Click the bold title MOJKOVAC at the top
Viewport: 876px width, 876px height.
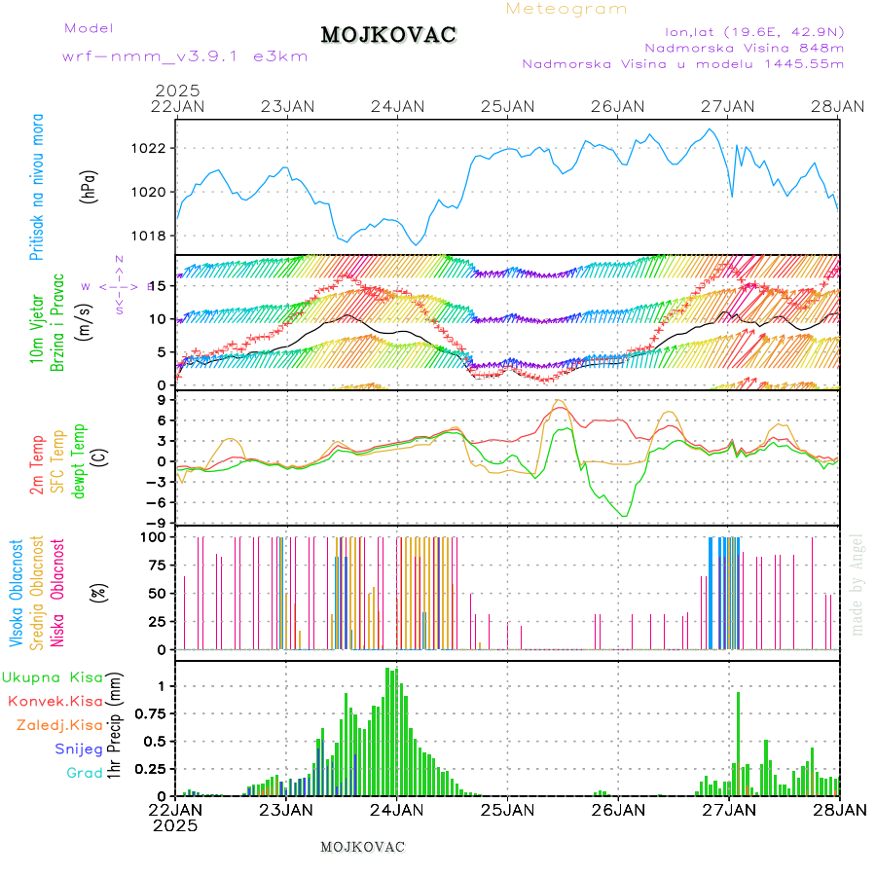click(388, 35)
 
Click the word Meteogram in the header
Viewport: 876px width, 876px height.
click(566, 9)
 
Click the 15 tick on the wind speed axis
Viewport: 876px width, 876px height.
click(163, 285)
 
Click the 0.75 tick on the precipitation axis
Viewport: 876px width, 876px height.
click(151, 713)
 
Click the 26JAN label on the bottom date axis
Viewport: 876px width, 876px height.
click(618, 809)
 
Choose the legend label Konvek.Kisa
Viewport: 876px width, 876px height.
click(55, 701)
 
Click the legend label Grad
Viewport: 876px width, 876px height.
click(85, 773)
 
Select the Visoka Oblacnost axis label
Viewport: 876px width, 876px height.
click(17, 593)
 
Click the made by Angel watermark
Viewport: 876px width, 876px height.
click(857, 584)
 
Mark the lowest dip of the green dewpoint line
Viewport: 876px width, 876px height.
click(624, 516)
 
